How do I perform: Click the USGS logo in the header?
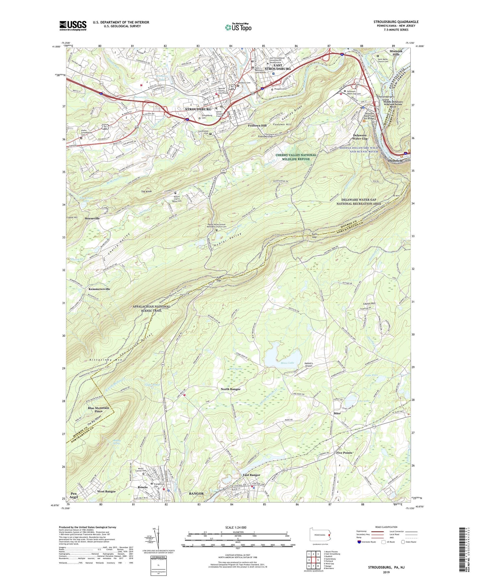tap(73, 26)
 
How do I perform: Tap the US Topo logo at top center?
tap(238, 27)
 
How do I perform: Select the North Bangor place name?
tap(230, 389)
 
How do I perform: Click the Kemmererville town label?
tap(99, 289)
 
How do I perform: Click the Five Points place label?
tap(344, 453)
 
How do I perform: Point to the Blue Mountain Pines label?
tap(98, 410)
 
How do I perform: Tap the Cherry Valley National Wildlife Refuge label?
tap(296, 157)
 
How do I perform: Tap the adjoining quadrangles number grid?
tap(313, 560)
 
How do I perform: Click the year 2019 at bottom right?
tap(386, 572)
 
